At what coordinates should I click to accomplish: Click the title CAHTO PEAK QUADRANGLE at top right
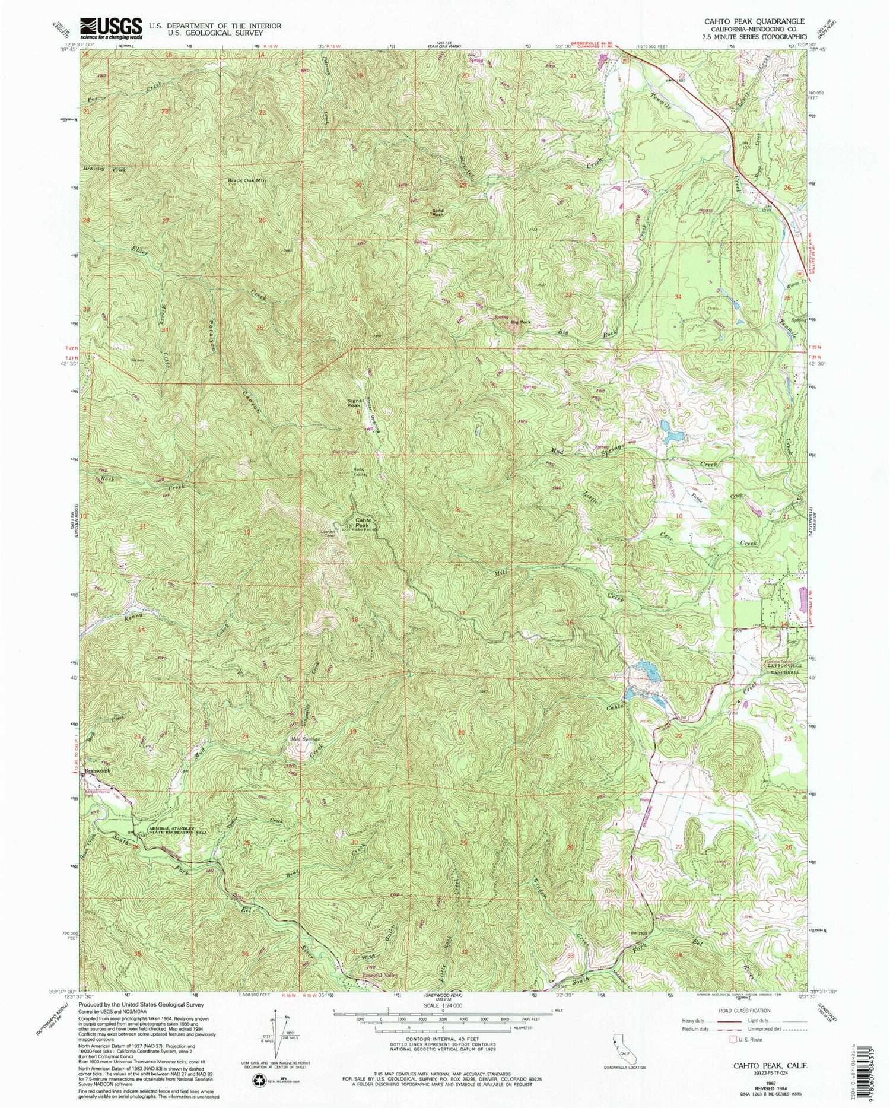pyautogui.click(x=754, y=20)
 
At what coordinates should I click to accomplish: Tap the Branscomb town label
pyautogui.click(x=98, y=771)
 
